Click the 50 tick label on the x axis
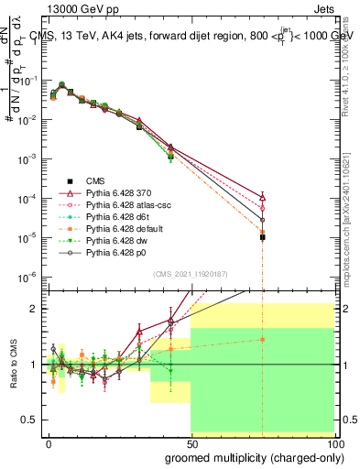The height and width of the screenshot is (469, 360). (191, 442)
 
